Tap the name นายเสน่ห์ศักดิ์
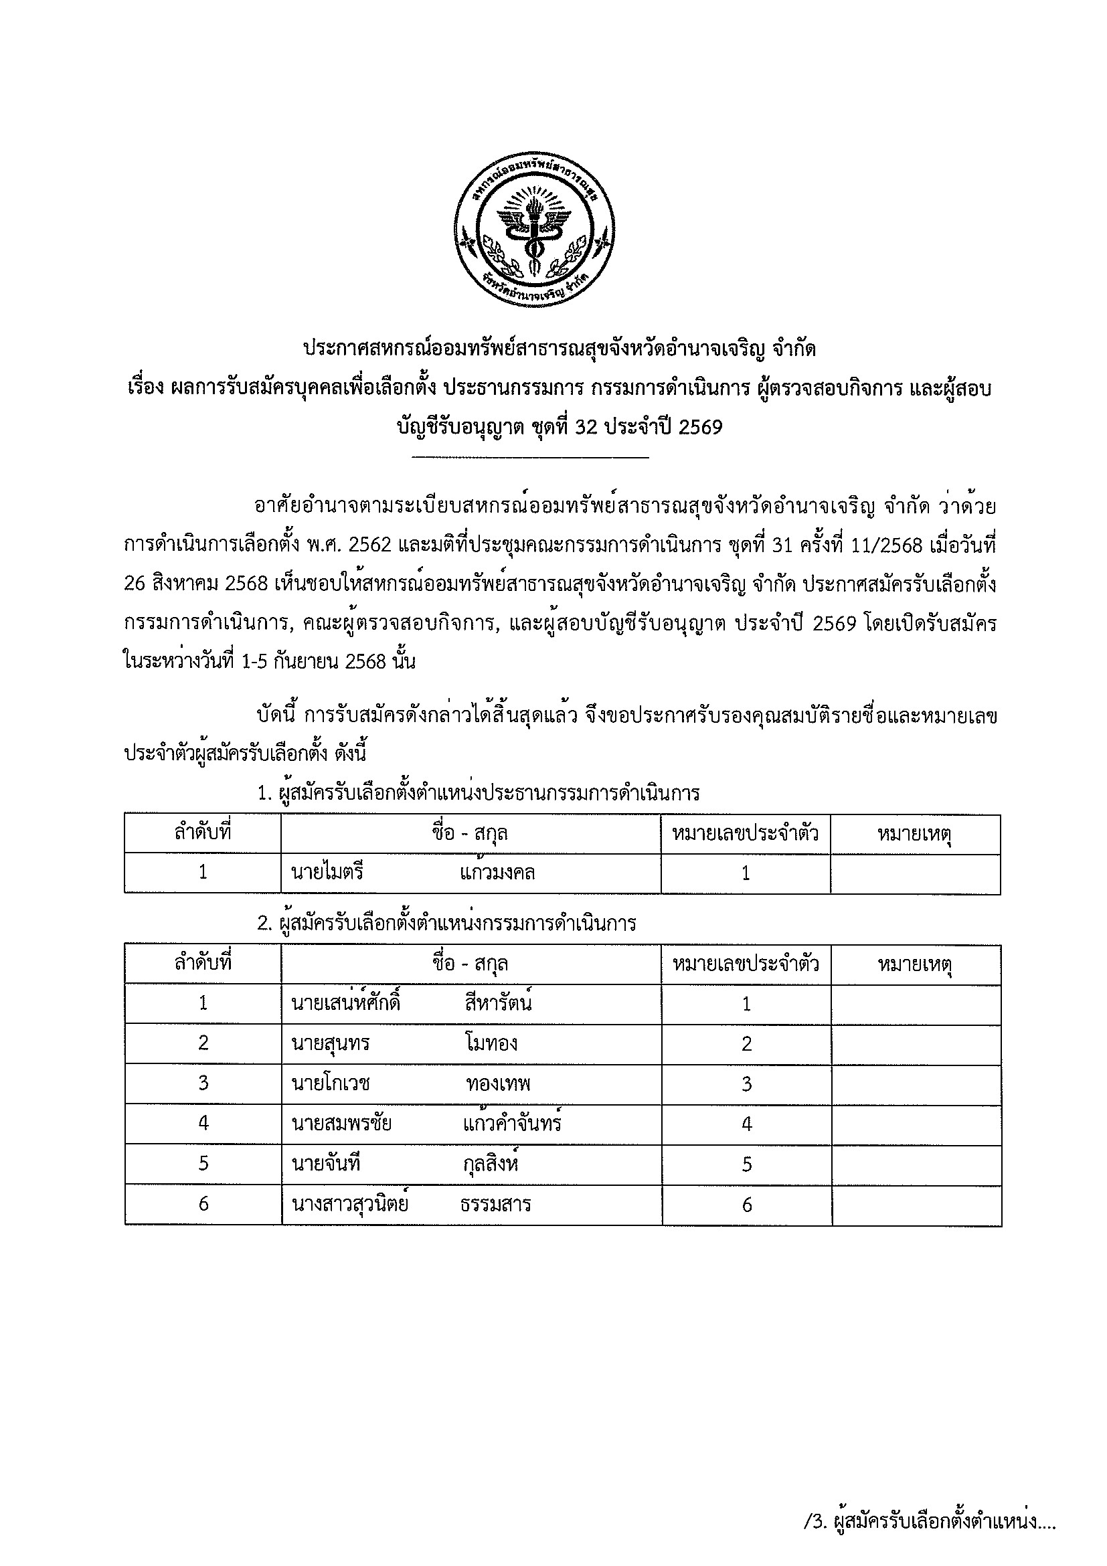(345, 1003)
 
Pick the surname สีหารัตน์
(497, 1003)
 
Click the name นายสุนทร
(330, 1043)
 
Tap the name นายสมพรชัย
(341, 1124)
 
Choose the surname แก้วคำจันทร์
(511, 1124)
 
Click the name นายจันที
(325, 1164)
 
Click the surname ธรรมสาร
(495, 1205)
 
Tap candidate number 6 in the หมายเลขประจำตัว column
(746, 1205)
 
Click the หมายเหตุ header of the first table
(915, 834)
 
